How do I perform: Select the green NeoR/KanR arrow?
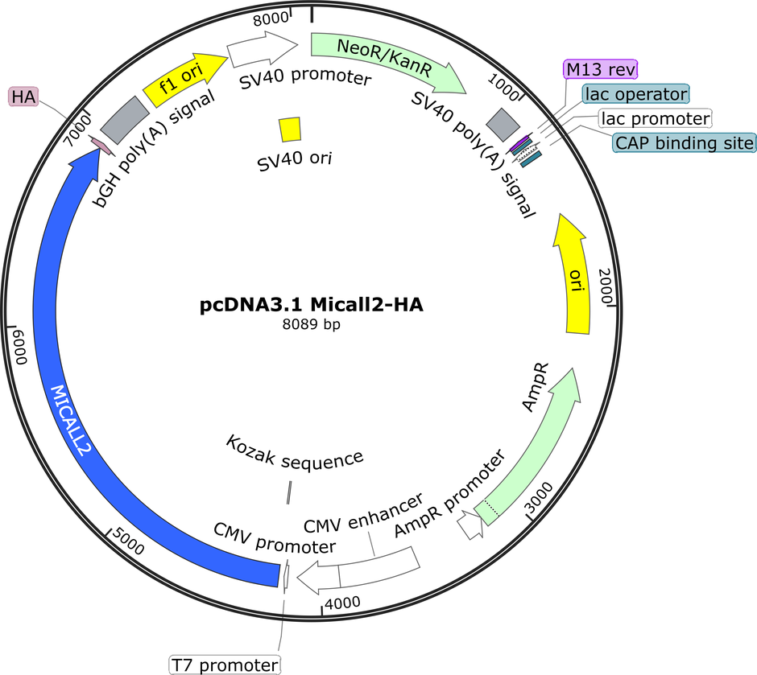click(x=387, y=57)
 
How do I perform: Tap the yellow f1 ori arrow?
click(x=184, y=80)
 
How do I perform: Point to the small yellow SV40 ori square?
click(x=290, y=130)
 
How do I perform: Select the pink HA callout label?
click(x=23, y=97)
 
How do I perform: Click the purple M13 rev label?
click(x=601, y=69)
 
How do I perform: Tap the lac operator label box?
click(x=636, y=93)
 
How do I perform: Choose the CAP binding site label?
click(x=684, y=142)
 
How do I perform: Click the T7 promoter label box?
click(x=225, y=665)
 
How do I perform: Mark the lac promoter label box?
click(x=656, y=118)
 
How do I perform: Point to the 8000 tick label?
click(x=271, y=19)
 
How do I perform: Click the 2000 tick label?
click(x=605, y=286)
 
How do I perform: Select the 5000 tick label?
click(x=128, y=541)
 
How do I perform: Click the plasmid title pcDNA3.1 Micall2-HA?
click(x=312, y=305)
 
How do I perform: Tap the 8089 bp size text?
click(x=312, y=324)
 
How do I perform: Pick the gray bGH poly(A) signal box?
click(x=125, y=120)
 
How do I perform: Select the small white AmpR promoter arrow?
click(x=470, y=525)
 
